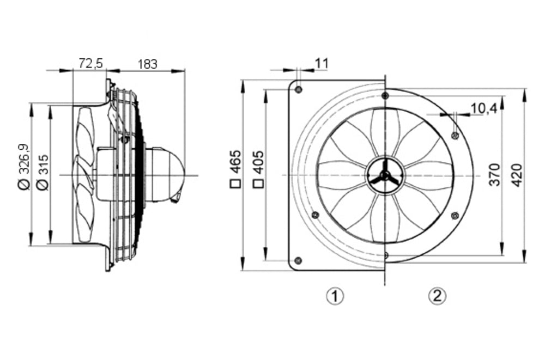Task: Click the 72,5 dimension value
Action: [90, 64]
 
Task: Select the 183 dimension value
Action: [147, 64]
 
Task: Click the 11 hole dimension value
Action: [322, 63]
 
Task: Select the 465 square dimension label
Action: [235, 169]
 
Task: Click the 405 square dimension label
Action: [257, 169]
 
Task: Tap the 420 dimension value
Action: [517, 174]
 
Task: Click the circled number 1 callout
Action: [335, 296]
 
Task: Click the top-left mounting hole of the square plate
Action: [298, 89]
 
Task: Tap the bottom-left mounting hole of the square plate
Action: [298, 260]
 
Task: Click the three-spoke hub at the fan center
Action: [385, 175]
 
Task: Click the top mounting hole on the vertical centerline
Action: [385, 96]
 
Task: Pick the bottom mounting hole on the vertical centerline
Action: [385, 254]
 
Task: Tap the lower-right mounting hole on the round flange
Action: [455, 216]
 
